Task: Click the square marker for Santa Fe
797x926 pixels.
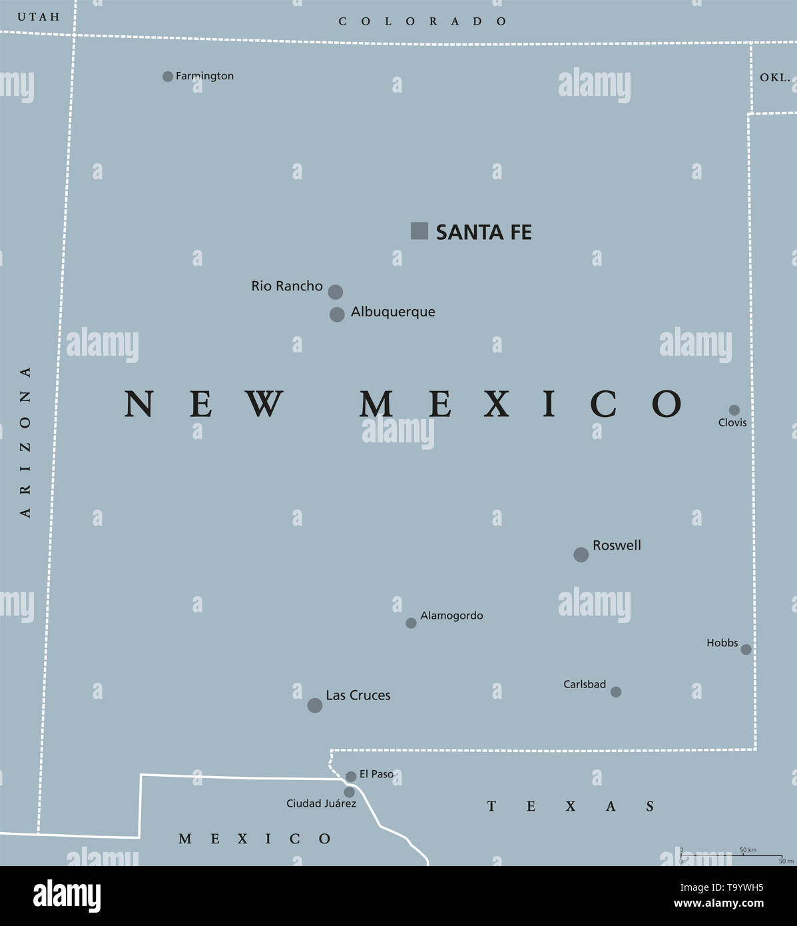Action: coord(419,231)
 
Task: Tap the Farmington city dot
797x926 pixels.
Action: coord(168,77)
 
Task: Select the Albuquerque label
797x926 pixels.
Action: coord(393,312)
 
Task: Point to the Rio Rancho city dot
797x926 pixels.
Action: coord(336,292)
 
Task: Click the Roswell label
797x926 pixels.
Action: coord(617,546)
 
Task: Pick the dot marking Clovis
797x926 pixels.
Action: coord(734,410)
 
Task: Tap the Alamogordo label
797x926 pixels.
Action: coord(451,616)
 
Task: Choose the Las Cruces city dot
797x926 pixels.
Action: coord(315,705)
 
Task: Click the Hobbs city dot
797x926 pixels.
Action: coord(746,649)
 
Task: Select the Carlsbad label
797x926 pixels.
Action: coord(585,684)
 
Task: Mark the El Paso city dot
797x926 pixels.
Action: coord(351,777)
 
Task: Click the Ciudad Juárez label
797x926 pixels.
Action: coord(321,803)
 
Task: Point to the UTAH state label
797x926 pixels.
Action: coord(38,17)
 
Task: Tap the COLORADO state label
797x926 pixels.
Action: coord(423,21)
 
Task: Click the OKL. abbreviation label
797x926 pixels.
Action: coord(775,77)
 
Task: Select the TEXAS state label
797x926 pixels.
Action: coord(571,807)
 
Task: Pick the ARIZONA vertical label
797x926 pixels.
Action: coord(25,442)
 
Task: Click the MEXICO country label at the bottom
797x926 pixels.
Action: coord(254,839)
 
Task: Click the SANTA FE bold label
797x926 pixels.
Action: coord(483,232)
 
